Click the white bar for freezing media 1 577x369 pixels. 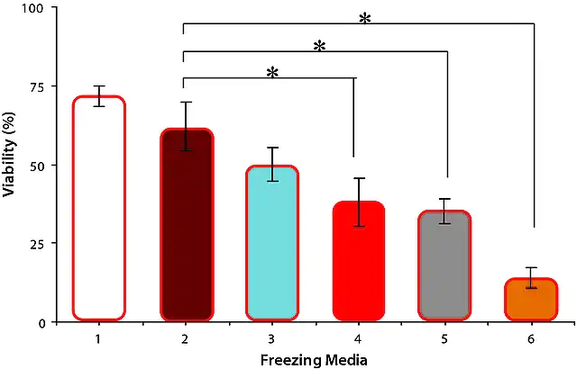[99, 208]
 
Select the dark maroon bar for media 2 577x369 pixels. [187, 225]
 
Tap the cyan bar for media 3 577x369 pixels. [272, 243]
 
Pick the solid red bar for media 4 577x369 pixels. [359, 261]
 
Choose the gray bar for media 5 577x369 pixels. [444, 265]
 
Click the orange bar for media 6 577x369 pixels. [531, 300]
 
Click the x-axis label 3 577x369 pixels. [271, 339]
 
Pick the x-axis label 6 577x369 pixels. [531, 339]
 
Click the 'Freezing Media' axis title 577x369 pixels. [314, 360]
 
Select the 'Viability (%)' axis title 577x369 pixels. [9, 154]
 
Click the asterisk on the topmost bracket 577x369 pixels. [364, 19]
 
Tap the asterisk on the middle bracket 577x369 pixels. [319, 46]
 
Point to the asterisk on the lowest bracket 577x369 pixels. [272, 73]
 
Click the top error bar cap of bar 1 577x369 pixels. [99, 85]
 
